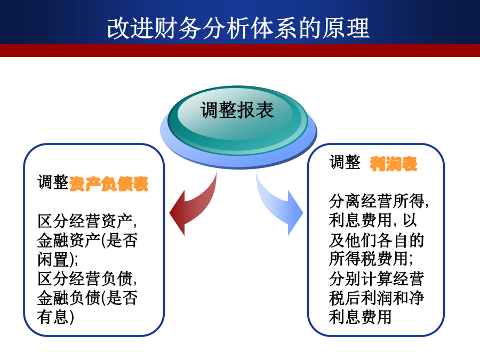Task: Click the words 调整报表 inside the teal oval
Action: point(237,110)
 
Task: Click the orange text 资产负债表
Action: point(109,183)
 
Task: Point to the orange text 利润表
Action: point(394,164)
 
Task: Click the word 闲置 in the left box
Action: point(53,259)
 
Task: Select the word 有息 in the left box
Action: point(53,316)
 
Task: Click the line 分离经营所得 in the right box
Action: point(377,201)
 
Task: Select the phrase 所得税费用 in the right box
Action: point(369,259)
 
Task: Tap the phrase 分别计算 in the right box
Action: point(361,278)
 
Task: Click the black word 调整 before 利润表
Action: point(345,162)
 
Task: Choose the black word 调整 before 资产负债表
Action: point(53,182)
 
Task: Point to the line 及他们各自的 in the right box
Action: point(377,239)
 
